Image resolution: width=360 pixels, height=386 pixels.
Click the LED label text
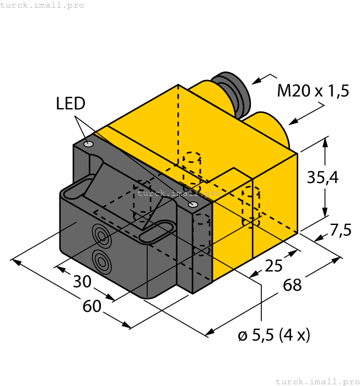pyautogui.click(x=71, y=103)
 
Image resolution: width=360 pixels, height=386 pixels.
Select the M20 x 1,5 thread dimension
pyautogui.click(x=313, y=90)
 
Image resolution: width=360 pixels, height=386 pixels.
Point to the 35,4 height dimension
pyautogui.click(x=323, y=178)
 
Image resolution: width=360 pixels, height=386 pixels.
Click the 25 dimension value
pyautogui.click(x=273, y=266)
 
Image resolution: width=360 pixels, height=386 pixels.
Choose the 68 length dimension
pyautogui.click(x=293, y=285)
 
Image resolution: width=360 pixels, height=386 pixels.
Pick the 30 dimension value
pyautogui.click(x=82, y=282)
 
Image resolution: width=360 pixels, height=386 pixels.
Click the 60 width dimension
pyautogui.click(x=92, y=305)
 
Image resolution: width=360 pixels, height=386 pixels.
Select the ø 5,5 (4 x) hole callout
pyautogui.click(x=274, y=335)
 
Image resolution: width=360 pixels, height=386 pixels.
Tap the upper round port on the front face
pyautogui.click(x=101, y=236)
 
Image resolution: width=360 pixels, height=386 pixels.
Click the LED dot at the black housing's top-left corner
pyautogui.click(x=88, y=144)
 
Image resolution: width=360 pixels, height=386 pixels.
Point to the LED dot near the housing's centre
pyautogui.click(x=192, y=205)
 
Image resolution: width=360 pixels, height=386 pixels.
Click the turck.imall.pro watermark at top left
pyautogui.click(x=42, y=5)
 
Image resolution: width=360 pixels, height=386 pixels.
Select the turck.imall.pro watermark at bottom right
pyautogui.click(x=316, y=381)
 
